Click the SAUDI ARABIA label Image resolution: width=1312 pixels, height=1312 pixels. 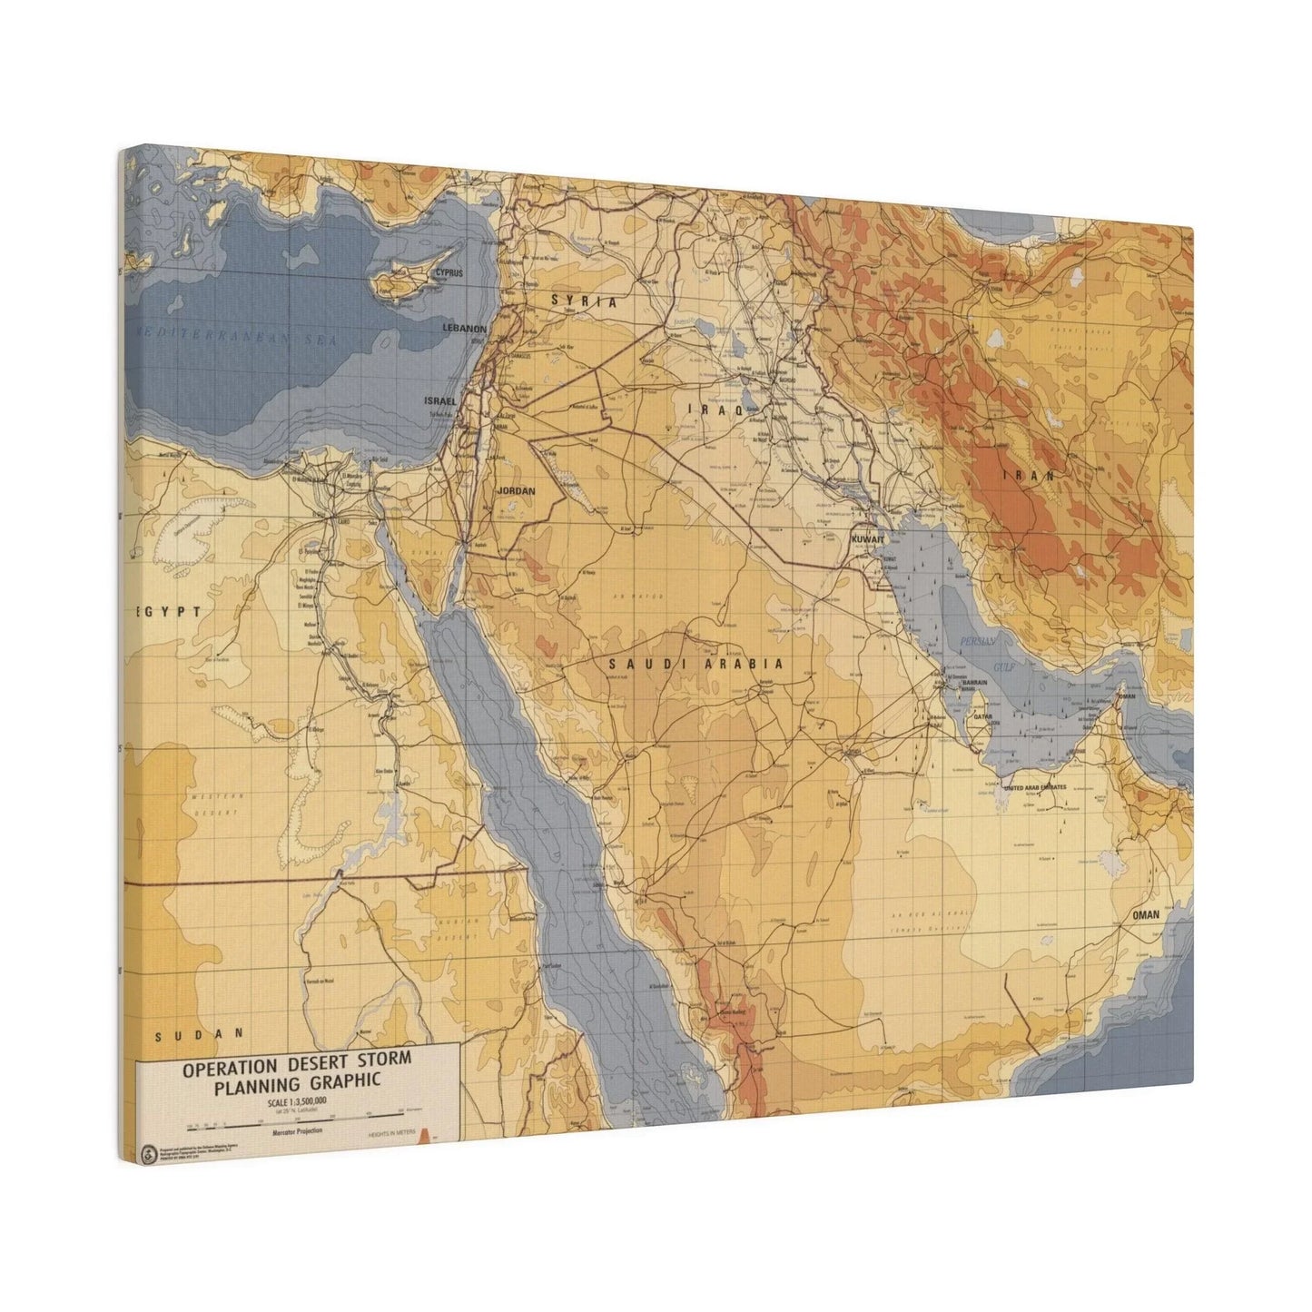[695, 664]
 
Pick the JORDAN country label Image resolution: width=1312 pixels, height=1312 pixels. [516, 491]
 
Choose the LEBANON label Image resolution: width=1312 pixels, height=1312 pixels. [464, 328]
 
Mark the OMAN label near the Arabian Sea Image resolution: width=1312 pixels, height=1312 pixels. [1146, 915]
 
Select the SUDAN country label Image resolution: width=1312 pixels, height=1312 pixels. [200, 1034]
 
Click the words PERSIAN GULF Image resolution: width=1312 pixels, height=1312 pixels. [979, 653]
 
